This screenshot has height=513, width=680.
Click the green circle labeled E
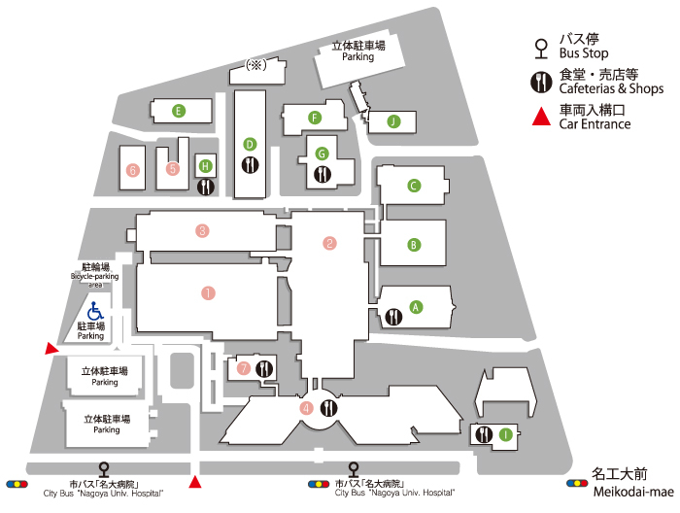click(178, 111)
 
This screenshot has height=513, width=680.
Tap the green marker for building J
click(393, 121)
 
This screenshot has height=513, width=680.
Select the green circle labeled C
click(414, 186)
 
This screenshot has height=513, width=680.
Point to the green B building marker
click(414, 245)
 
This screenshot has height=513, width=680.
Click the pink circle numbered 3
click(202, 230)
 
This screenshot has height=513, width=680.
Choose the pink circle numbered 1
click(208, 293)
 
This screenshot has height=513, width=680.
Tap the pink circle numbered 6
click(133, 170)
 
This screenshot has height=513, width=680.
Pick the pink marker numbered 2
click(329, 243)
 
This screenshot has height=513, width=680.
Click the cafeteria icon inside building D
click(251, 165)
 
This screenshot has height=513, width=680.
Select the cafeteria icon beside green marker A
click(393, 317)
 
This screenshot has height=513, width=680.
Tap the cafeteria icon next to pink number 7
click(263, 369)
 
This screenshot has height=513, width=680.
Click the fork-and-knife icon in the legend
click(541, 83)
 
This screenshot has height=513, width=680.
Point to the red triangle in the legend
click(541, 117)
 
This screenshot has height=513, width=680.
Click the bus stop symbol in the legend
click(541, 49)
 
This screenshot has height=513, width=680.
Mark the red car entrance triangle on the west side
click(51, 348)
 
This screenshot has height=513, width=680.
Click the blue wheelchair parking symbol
click(95, 311)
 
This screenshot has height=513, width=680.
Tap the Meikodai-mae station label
click(633, 492)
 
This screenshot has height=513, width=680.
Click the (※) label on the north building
click(255, 65)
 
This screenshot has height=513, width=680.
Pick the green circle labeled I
click(505, 434)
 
